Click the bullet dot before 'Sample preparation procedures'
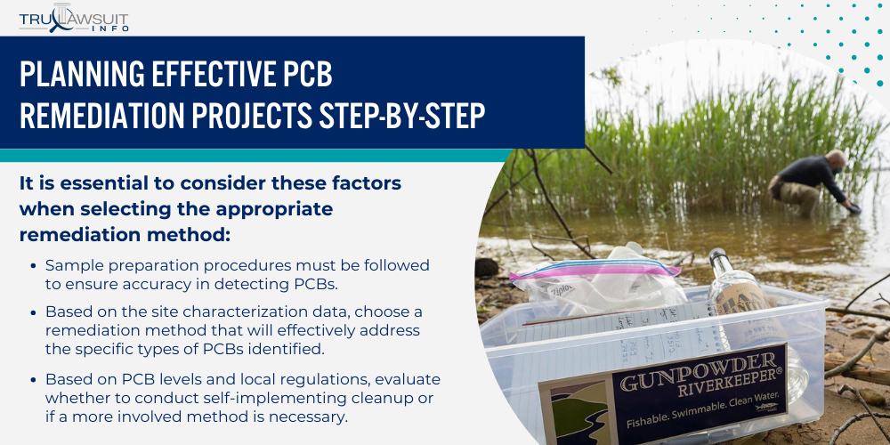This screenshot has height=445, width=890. (34, 266)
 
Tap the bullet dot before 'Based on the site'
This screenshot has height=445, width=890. (34, 312)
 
